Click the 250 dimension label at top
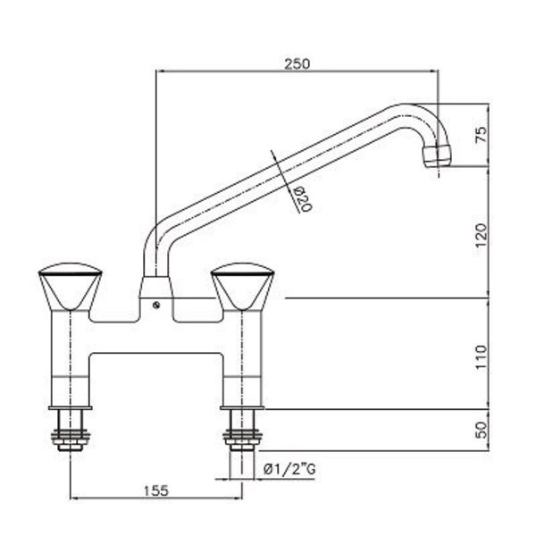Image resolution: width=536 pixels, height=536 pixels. [x=297, y=64]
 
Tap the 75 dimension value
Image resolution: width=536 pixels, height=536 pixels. [x=481, y=134]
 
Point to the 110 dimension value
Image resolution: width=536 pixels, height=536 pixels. [x=481, y=356]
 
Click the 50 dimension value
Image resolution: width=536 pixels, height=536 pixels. [x=481, y=430]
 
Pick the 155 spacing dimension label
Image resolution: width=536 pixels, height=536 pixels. [x=155, y=490]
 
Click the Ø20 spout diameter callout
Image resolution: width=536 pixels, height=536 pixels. [x=303, y=199]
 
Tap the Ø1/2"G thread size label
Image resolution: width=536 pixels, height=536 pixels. [x=289, y=469]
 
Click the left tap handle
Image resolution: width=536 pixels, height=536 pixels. [x=71, y=287]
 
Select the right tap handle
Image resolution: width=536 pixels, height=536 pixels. [x=243, y=287]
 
